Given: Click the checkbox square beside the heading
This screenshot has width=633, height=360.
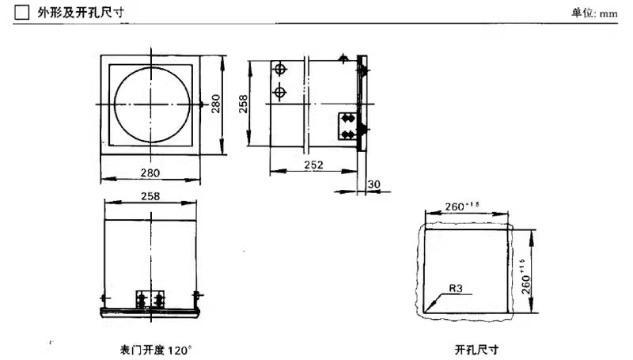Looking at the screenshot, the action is [x=22, y=12].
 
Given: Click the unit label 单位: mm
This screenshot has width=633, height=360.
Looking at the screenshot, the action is [x=594, y=13].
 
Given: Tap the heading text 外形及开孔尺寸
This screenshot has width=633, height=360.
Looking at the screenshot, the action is [x=81, y=13].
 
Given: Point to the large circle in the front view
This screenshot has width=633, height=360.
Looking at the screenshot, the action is [x=152, y=104].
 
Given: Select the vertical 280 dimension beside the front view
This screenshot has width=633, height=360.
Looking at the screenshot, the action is [x=216, y=104].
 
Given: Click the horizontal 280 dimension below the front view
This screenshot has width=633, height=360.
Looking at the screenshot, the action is [x=150, y=172].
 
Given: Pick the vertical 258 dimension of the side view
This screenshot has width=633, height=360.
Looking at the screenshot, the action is [x=243, y=104].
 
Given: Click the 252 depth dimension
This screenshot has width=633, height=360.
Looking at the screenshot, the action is [x=313, y=165].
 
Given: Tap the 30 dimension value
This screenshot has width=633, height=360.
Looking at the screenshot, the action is [x=373, y=184].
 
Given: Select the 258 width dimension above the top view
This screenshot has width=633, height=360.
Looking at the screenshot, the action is [x=150, y=196].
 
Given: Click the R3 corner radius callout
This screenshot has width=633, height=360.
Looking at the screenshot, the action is [x=456, y=288].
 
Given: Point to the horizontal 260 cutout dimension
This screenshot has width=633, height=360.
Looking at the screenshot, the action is [x=462, y=207].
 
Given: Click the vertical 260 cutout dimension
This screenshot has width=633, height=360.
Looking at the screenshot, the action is [x=525, y=276].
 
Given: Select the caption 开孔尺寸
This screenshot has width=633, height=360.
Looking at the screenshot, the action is [x=477, y=349].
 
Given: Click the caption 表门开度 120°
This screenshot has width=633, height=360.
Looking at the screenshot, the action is [x=156, y=350].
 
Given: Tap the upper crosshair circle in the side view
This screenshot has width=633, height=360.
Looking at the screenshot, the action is [x=280, y=70].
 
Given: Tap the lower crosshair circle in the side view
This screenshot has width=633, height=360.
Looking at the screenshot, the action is [x=280, y=93].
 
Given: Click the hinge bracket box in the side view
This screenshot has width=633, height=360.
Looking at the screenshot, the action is [x=347, y=127].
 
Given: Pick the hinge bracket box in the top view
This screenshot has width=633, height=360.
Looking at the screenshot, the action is [x=150, y=299].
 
